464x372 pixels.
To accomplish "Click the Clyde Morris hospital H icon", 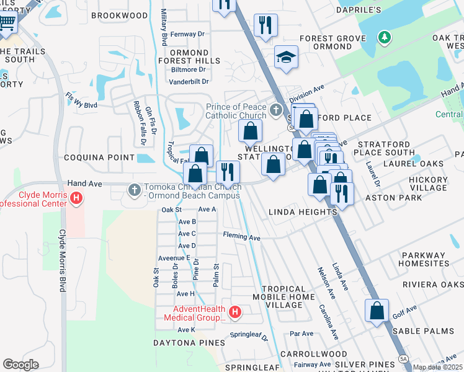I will pos(76,198).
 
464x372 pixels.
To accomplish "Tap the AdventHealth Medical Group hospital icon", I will pos(234,313).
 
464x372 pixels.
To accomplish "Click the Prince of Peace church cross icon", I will pos(276,111).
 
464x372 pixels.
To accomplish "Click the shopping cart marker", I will pos(7,24).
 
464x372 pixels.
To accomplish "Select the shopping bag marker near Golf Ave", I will pos(377,311).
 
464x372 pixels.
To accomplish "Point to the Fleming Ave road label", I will pos(242,237).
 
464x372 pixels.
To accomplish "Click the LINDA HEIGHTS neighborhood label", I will pos(302,212).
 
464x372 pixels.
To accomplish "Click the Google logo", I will pos(20,365).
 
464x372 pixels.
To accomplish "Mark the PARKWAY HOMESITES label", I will pos(432,259).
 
